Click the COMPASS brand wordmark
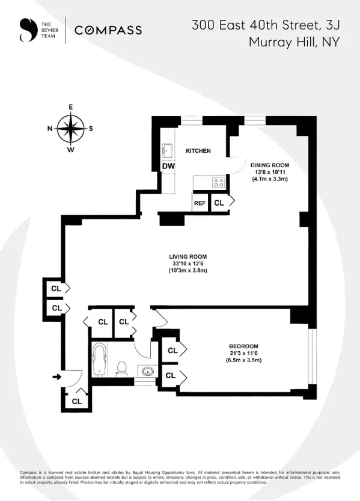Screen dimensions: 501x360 pyautogui.click(x=108, y=30)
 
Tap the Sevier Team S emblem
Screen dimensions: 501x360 pyautogui.click(x=25, y=30)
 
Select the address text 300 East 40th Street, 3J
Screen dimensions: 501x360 pyautogui.click(x=265, y=25)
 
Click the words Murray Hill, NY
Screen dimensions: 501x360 pyautogui.click(x=293, y=42)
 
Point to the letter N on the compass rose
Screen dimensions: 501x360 pyautogui.click(x=50, y=128)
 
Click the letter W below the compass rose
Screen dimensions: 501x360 pyautogui.click(x=70, y=150)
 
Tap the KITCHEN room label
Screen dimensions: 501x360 pyautogui.click(x=198, y=150)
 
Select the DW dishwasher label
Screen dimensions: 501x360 pyautogui.click(x=168, y=167)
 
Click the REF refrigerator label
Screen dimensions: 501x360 pyautogui.click(x=200, y=203)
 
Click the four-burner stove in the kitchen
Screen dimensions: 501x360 pyautogui.click(x=218, y=183)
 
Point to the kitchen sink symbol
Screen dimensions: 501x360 pyautogui.click(x=168, y=150)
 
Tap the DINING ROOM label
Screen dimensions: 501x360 pyautogui.click(x=270, y=165)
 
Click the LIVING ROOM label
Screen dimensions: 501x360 pyautogui.click(x=188, y=255)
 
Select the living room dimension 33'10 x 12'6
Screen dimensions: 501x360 pyautogui.click(x=188, y=263)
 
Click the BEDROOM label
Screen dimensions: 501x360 pyautogui.click(x=243, y=346)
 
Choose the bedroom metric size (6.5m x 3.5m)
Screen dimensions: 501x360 pyautogui.click(x=243, y=360)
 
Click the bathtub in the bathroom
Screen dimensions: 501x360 pyautogui.click(x=100, y=358)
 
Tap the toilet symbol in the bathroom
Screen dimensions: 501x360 pyautogui.click(x=122, y=367)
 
